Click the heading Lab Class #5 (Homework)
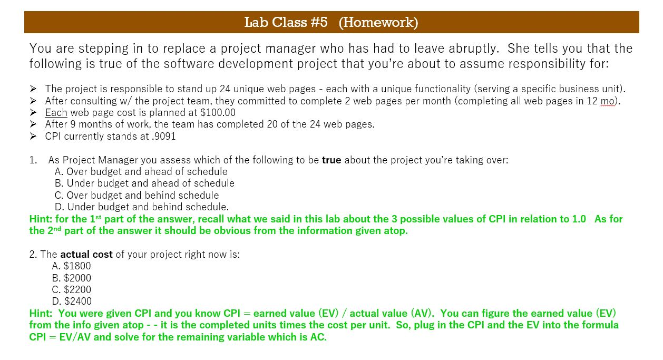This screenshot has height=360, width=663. (x=331, y=22)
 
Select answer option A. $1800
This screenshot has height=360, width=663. (x=72, y=266)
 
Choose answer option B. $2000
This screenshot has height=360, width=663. (x=72, y=278)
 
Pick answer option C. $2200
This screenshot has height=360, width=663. (x=72, y=289)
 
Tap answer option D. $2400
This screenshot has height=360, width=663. (x=72, y=301)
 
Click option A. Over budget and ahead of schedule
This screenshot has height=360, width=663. (x=141, y=171)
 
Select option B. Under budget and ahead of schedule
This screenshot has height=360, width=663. (x=144, y=183)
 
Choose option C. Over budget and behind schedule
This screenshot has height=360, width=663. (x=136, y=195)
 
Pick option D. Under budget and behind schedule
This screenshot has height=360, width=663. (x=142, y=207)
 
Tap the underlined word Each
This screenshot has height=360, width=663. (x=56, y=112)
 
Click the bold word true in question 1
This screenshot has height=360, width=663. (x=331, y=160)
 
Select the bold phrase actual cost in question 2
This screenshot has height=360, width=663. (x=86, y=254)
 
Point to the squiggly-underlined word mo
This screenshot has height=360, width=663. (x=608, y=101)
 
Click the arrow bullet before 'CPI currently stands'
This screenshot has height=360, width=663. (x=34, y=136)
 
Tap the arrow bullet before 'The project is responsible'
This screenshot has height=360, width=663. (x=34, y=89)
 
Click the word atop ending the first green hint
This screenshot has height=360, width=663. (x=395, y=230)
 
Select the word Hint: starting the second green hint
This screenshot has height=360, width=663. (x=41, y=313)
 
